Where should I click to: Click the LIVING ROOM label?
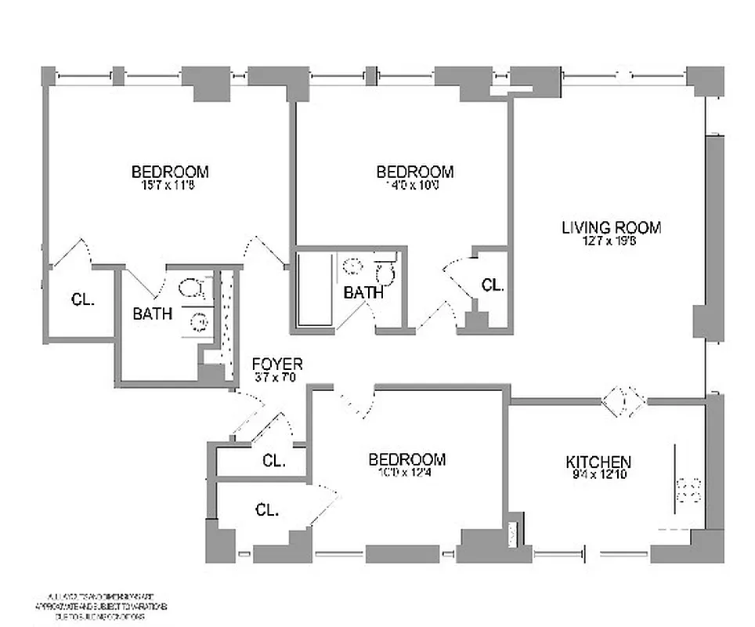tap(611, 227)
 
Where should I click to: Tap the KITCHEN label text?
tap(598, 462)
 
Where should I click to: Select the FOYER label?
tap(276, 364)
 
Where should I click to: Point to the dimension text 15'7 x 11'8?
tap(170, 186)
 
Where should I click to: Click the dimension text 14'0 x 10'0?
tap(414, 186)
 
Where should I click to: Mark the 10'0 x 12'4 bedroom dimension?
tap(407, 473)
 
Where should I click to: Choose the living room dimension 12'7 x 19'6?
tap(611, 241)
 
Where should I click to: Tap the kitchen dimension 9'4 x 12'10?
tap(598, 475)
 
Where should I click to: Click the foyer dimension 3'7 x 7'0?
tap(276, 378)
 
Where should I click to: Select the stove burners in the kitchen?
tap(690, 490)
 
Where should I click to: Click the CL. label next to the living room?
tap(492, 285)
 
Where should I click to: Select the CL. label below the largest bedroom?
tap(82, 299)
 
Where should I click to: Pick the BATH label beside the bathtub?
tap(363, 293)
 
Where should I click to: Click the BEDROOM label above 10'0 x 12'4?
tap(407, 459)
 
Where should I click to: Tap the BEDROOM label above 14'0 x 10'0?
tap(414, 172)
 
